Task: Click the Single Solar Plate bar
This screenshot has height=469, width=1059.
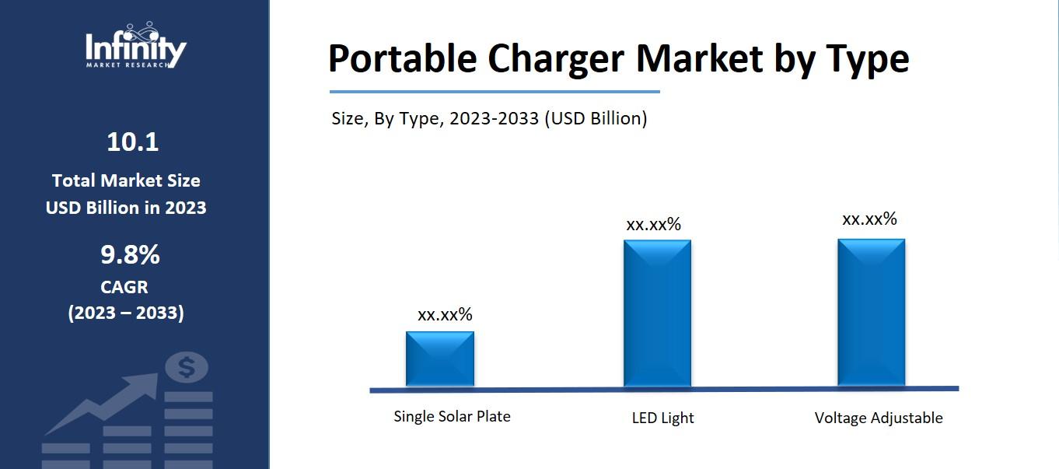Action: pos(440,359)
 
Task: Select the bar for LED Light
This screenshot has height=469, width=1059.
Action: pos(657,313)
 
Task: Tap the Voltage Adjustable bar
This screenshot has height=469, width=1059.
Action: pos(871,312)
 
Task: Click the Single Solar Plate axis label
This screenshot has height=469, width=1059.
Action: pos(452,416)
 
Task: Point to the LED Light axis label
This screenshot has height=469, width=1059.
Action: pos(662,418)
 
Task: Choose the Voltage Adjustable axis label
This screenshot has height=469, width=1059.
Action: pos(878,418)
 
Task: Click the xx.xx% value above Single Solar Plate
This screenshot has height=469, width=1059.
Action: pos(445,314)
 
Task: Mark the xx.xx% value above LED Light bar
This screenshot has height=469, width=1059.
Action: pos(653,225)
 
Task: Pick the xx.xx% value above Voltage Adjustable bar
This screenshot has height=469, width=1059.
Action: pos(869,219)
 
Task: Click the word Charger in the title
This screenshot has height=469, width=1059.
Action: pos(557,59)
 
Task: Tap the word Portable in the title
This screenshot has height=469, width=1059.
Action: pos(402,59)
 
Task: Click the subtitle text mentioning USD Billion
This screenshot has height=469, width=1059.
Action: pos(489,118)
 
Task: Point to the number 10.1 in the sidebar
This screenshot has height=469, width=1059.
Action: pos(132,142)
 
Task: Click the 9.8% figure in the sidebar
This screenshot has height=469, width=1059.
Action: pos(130,254)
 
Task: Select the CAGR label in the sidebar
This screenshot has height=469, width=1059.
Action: pos(124,287)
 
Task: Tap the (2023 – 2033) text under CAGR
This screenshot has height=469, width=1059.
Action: pos(126,313)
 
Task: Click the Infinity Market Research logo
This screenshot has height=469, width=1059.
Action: pos(135,47)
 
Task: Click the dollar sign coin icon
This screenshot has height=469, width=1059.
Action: pos(187,367)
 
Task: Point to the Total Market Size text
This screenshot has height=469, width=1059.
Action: pos(126,180)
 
